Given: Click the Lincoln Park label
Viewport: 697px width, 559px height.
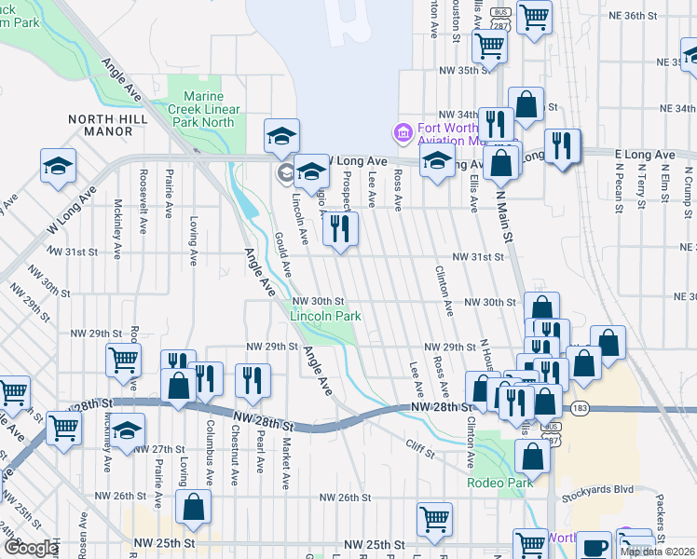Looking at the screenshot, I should [325, 316].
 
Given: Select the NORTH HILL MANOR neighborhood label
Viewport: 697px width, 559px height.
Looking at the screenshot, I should [114, 125].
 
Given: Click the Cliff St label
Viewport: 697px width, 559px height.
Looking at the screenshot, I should [421, 451].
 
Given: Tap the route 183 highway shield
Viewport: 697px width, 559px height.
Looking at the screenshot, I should [581, 408].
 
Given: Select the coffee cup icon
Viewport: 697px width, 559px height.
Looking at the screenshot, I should [596, 545].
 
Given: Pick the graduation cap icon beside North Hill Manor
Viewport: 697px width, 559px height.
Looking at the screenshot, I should [58, 167].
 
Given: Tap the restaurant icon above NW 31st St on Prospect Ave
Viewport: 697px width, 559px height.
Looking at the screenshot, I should [340, 228].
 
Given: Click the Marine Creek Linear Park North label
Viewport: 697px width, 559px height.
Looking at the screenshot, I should [198, 109].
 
